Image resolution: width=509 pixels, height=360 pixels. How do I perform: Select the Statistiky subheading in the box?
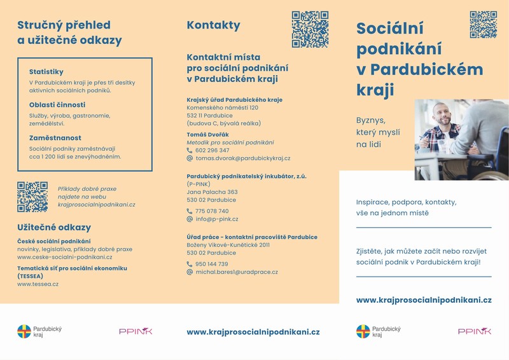46,72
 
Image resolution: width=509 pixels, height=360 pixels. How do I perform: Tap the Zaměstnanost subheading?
55,137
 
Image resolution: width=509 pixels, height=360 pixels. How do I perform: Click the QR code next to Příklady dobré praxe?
32,197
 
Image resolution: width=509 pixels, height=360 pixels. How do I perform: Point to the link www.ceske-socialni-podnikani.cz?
64,257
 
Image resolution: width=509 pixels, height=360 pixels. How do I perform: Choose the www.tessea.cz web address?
38,284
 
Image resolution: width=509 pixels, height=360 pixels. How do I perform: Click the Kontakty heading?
213,25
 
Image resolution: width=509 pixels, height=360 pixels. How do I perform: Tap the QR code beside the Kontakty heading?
310,29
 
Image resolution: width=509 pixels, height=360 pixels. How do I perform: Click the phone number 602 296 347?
213,150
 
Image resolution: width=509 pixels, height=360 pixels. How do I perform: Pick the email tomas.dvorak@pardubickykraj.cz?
242,158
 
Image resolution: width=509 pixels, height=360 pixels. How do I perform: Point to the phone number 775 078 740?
212,211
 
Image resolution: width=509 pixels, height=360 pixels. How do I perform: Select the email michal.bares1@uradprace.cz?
236,272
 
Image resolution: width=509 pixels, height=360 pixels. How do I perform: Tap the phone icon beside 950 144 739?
190,264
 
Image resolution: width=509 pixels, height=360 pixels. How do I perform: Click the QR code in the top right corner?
483,24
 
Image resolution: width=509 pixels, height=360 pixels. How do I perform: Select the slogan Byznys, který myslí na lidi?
379,132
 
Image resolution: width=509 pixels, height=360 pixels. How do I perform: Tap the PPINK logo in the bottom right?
474,331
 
